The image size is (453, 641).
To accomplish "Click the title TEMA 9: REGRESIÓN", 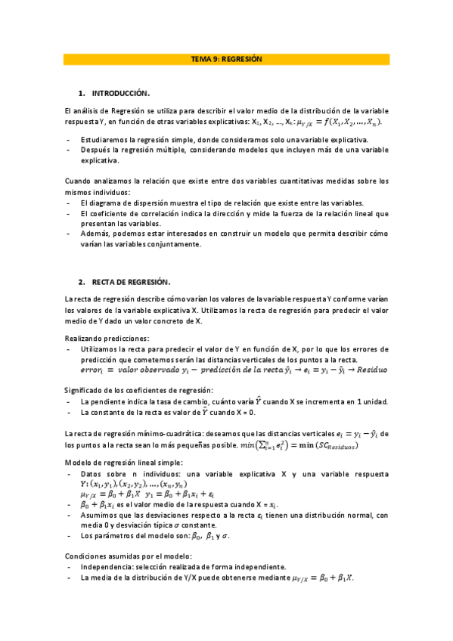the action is click(x=226, y=59).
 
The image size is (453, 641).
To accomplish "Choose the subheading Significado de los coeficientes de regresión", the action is click(x=142, y=390).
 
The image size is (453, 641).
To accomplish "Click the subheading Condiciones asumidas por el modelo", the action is click(x=129, y=556).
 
